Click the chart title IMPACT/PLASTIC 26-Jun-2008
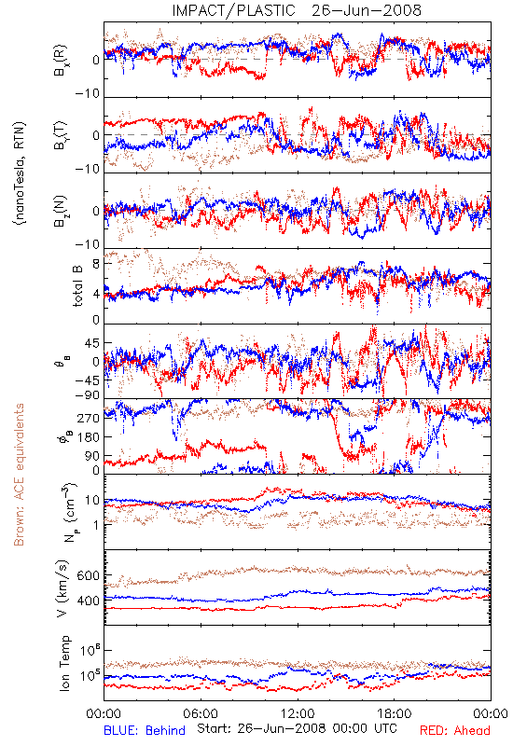point(297,10)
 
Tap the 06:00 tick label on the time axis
point(201,713)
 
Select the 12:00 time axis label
point(298,713)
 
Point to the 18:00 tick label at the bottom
point(394,713)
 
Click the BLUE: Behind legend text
point(145,730)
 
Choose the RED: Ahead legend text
point(454,730)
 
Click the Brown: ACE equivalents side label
point(19,475)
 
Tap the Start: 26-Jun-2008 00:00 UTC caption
point(298,728)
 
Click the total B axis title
point(77,286)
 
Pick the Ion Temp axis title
point(64,663)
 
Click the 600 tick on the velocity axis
point(89,575)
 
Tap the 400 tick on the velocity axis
point(89,601)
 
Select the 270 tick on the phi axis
point(89,418)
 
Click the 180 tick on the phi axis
point(89,436)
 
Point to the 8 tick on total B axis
point(96,264)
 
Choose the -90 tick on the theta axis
point(88,395)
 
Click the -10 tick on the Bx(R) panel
point(88,94)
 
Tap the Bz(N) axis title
point(61,211)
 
